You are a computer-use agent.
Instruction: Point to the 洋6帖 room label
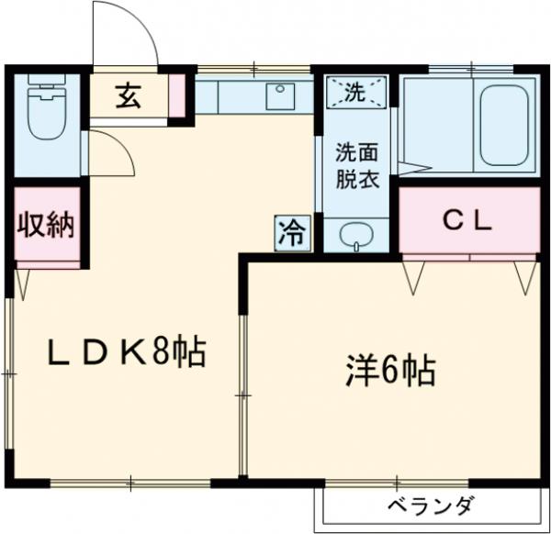pos(390,371)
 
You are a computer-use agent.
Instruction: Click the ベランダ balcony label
pos(428,506)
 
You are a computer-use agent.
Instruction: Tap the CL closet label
pos(467,220)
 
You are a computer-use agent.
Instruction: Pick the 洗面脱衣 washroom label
pos(355,165)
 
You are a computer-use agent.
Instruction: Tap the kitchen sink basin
pos(277,95)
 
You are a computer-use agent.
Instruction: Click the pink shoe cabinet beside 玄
pos(176,95)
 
